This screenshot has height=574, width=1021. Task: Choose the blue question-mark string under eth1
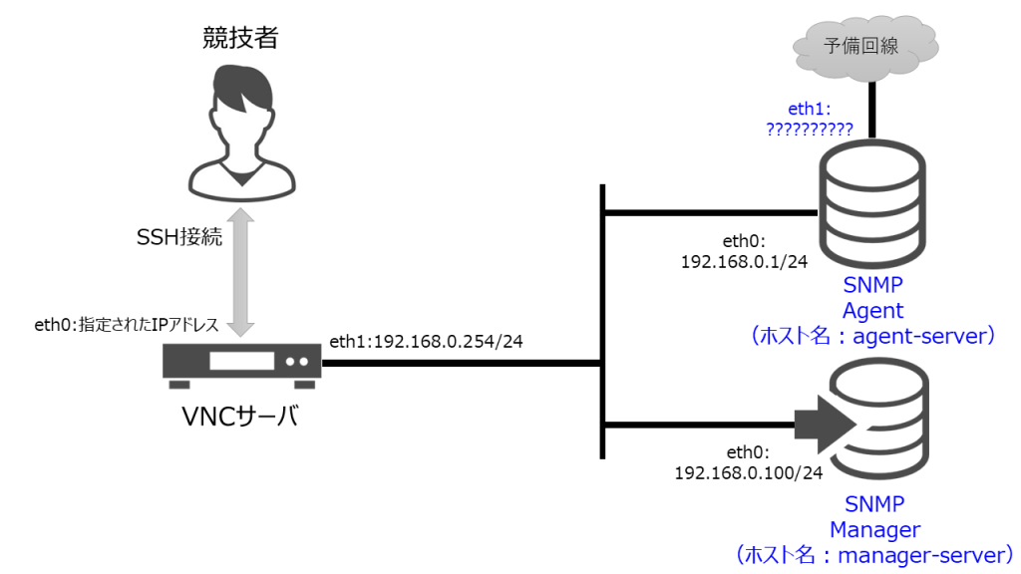[809, 129]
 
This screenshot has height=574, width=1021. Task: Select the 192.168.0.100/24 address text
[749, 471]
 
